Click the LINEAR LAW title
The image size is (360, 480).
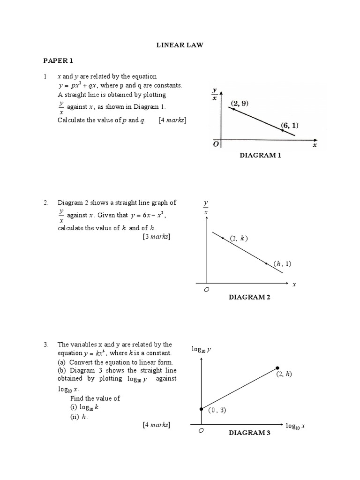(x=180, y=45)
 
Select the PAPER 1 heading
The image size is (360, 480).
(x=59, y=60)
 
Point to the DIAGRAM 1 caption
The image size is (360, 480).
(x=261, y=155)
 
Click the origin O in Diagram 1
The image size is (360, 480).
(x=216, y=145)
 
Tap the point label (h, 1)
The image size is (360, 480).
(x=283, y=263)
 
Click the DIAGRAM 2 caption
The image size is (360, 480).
(x=249, y=297)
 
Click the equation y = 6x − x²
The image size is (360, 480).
(x=146, y=215)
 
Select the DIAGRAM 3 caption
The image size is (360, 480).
(x=249, y=433)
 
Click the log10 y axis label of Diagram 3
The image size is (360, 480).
(x=202, y=349)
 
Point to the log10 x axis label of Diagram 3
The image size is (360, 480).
(x=295, y=426)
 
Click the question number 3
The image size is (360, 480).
(x=46, y=344)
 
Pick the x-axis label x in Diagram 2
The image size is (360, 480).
(x=294, y=285)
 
